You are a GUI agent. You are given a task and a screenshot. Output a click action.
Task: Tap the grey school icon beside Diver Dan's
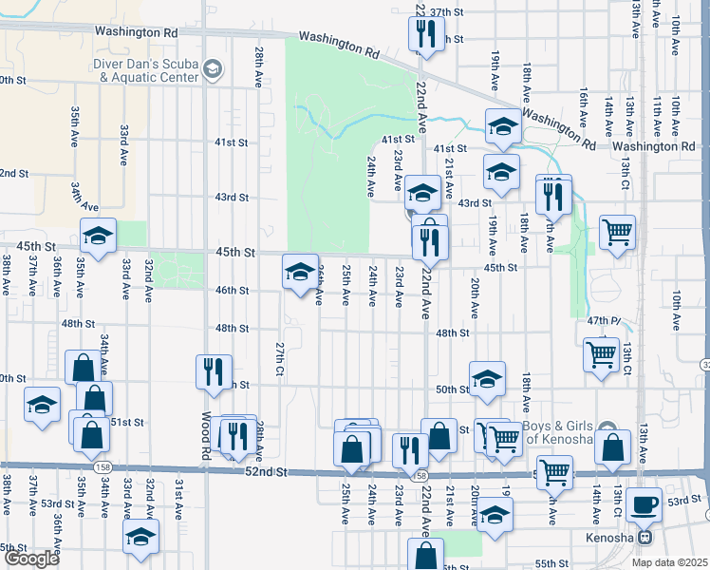214,68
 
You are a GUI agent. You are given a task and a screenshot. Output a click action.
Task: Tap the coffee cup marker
645,504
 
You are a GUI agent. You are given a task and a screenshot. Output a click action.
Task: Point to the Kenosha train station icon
645,537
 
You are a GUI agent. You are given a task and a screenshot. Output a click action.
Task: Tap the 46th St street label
231,291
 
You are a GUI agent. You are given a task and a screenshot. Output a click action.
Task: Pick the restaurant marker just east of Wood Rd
213,370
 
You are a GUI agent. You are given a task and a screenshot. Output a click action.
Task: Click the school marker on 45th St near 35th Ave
98,236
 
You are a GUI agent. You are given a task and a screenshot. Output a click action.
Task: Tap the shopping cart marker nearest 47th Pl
601,355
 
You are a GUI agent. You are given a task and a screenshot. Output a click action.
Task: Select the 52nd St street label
267,471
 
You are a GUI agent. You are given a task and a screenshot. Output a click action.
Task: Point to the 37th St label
451,12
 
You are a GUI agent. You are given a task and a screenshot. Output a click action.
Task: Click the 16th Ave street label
584,111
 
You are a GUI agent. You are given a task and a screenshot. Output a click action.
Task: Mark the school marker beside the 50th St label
488,378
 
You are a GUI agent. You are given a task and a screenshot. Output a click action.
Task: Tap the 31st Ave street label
177,501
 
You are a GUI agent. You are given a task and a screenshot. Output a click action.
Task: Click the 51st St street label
126,422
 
